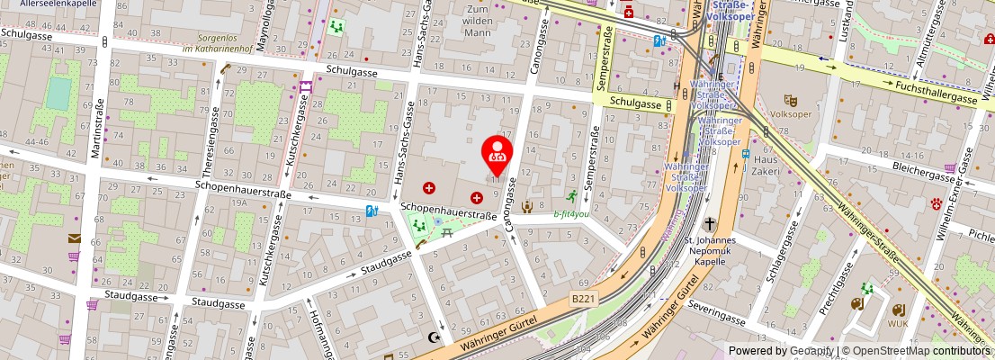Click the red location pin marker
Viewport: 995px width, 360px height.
497,154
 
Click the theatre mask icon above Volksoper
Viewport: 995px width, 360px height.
791,100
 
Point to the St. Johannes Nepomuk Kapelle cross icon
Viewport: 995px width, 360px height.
710,223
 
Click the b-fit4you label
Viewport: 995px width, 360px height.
571,214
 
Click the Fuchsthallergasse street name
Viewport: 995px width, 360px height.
935,91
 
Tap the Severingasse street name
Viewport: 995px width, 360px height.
717,318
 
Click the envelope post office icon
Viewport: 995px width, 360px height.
74,238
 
